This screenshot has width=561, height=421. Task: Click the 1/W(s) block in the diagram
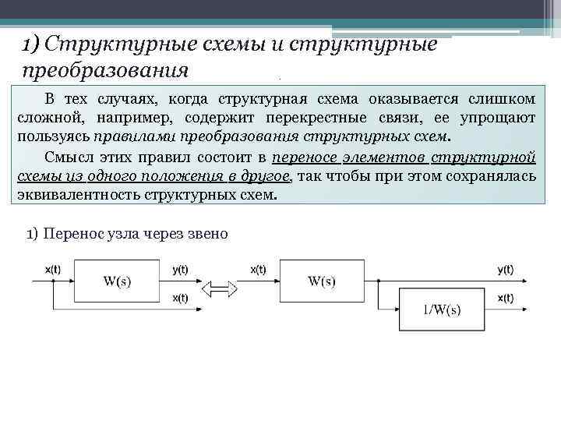(441, 310)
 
